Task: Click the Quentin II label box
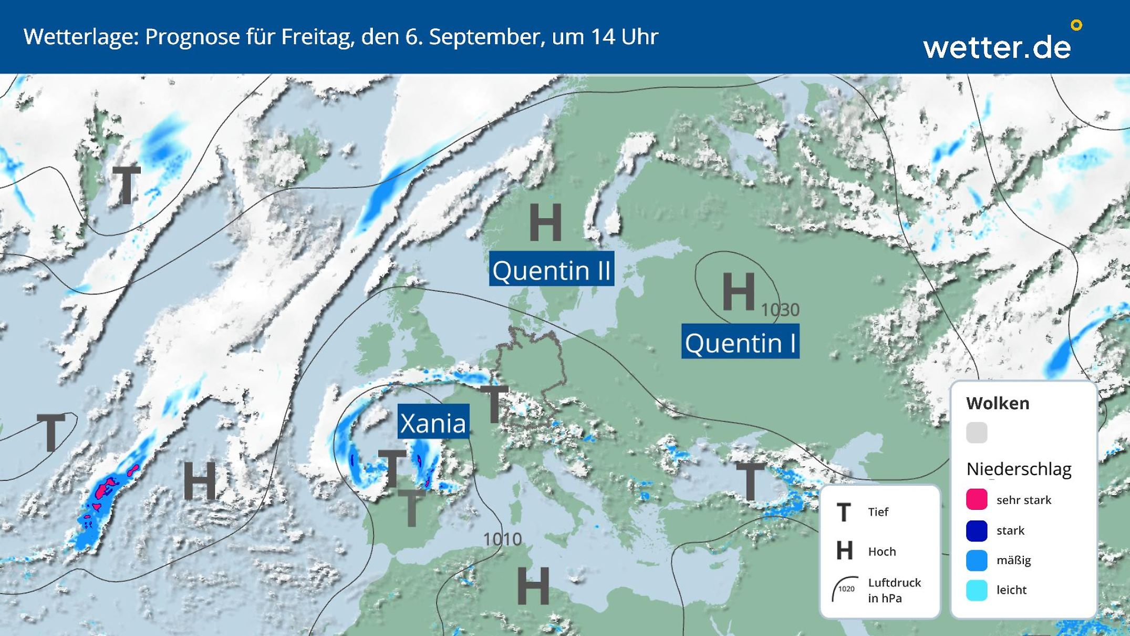click(551, 269)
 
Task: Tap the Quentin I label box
click(740, 342)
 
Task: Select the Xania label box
click(433, 422)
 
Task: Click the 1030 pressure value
click(780, 310)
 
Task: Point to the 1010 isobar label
click(502, 539)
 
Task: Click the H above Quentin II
click(545, 223)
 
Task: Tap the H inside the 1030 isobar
click(738, 292)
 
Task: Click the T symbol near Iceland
click(127, 186)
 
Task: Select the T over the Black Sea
click(750, 481)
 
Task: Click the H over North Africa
click(533, 586)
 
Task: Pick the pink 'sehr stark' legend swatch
click(976, 499)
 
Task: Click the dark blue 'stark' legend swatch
click(976, 530)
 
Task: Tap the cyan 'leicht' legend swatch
click(976, 590)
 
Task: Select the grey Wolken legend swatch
click(976, 433)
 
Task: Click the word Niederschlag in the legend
click(1018, 469)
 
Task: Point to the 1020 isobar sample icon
click(844, 589)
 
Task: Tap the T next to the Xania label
click(494, 404)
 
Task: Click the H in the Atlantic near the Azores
click(200, 480)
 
